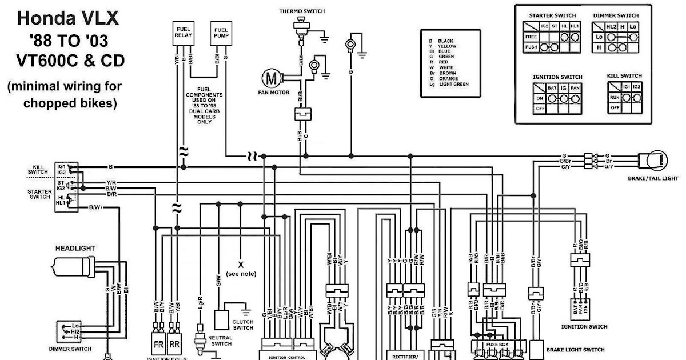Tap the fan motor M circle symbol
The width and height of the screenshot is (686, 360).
pos(270,77)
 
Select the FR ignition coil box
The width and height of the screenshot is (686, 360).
pos(159,345)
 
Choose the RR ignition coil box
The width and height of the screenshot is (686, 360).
pos(175,345)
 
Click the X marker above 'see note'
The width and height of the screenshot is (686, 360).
pos(241,263)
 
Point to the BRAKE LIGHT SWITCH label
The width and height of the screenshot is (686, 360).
pos(575,350)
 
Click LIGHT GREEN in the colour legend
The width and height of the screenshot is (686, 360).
pos(453,84)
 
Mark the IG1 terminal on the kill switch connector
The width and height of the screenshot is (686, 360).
pos(61,165)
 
